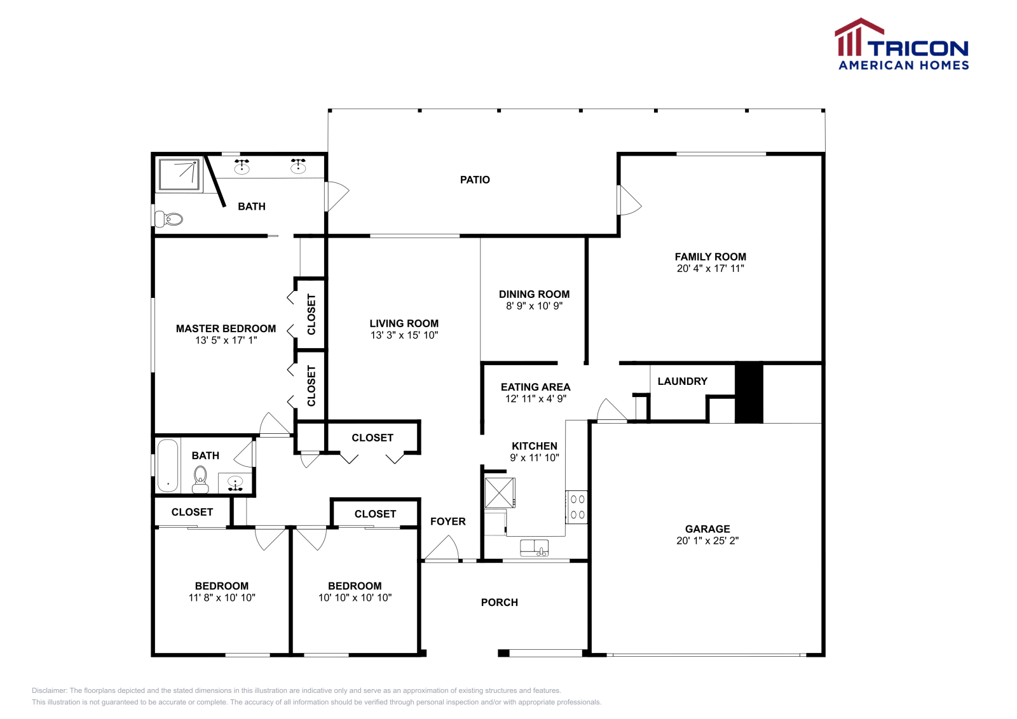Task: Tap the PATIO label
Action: [475, 180]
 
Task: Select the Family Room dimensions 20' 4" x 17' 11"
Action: [710, 269]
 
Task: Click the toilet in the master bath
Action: [170, 219]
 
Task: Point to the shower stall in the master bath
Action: [179, 175]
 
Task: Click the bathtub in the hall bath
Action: [168, 466]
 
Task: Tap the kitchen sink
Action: [534, 548]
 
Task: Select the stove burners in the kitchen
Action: [577, 507]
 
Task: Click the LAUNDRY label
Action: [682, 381]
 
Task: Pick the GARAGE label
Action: [707, 528]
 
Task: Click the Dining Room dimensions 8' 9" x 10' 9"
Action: [534, 306]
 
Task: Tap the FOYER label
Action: [447, 521]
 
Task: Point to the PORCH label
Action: [499, 602]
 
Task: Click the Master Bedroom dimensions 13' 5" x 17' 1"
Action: [226, 340]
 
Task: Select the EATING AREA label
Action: [535, 387]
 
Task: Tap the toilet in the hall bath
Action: [200, 478]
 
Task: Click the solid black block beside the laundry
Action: [749, 393]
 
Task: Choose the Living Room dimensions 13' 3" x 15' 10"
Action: [404, 335]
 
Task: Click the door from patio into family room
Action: [628, 201]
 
